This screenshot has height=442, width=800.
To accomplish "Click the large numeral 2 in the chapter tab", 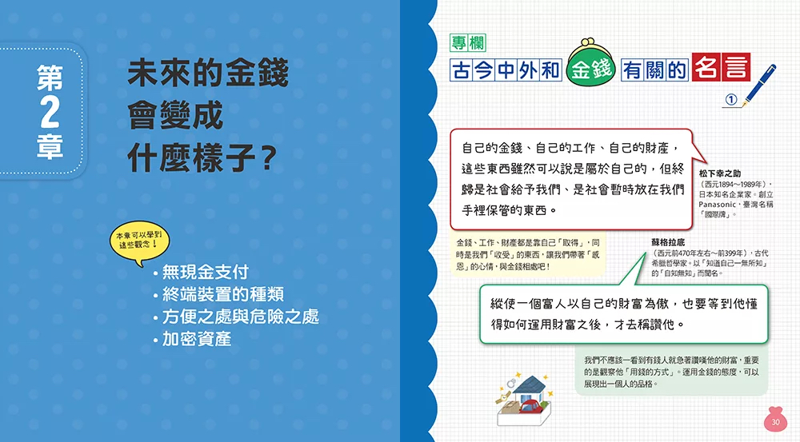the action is [x=50, y=112].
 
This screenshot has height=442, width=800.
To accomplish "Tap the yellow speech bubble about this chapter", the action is [x=139, y=243].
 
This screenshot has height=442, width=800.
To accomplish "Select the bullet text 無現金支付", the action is [x=205, y=272].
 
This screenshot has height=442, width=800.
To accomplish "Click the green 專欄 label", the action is [x=468, y=43].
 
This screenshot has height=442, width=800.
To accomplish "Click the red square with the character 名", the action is [x=706, y=67].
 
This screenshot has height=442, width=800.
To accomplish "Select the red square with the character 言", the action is [x=736, y=67].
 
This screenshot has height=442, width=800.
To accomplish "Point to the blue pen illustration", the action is [x=759, y=85].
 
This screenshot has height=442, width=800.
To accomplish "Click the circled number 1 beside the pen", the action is [x=731, y=99].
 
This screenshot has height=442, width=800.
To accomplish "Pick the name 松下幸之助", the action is [x=720, y=173].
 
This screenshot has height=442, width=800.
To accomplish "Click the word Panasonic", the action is [x=717, y=205].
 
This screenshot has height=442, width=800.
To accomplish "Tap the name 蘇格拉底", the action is [x=668, y=242].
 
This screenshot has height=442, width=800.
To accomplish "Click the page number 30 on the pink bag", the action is [x=775, y=422].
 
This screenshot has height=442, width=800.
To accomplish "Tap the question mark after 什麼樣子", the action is [x=267, y=158].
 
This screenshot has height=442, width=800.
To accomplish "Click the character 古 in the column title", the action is [x=462, y=70].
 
